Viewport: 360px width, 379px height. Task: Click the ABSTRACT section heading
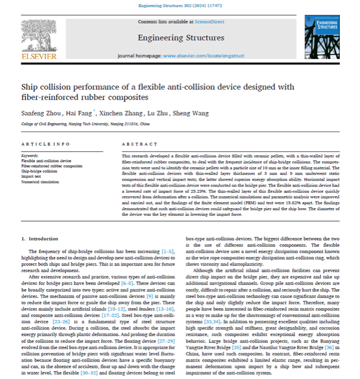point(136,144)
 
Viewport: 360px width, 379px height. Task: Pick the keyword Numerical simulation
point(41,182)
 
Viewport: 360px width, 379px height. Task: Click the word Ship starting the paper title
point(30,87)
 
